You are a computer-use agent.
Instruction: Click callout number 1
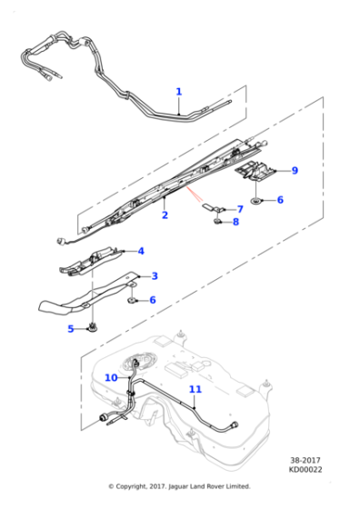point(178,91)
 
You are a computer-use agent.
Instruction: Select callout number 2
point(165,215)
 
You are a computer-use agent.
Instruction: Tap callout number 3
point(154,275)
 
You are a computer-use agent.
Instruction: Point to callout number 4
point(140,250)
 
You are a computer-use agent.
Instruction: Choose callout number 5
point(70,328)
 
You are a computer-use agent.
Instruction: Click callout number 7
point(240,208)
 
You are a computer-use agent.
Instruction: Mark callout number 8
point(235,222)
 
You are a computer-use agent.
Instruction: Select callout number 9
point(294,170)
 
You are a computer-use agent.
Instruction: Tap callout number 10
point(110,376)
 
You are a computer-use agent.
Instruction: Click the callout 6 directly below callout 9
point(279,199)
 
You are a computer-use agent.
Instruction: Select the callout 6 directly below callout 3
point(152,300)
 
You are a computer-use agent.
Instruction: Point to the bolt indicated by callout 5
point(93,327)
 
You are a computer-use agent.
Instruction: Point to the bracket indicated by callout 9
point(256,170)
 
